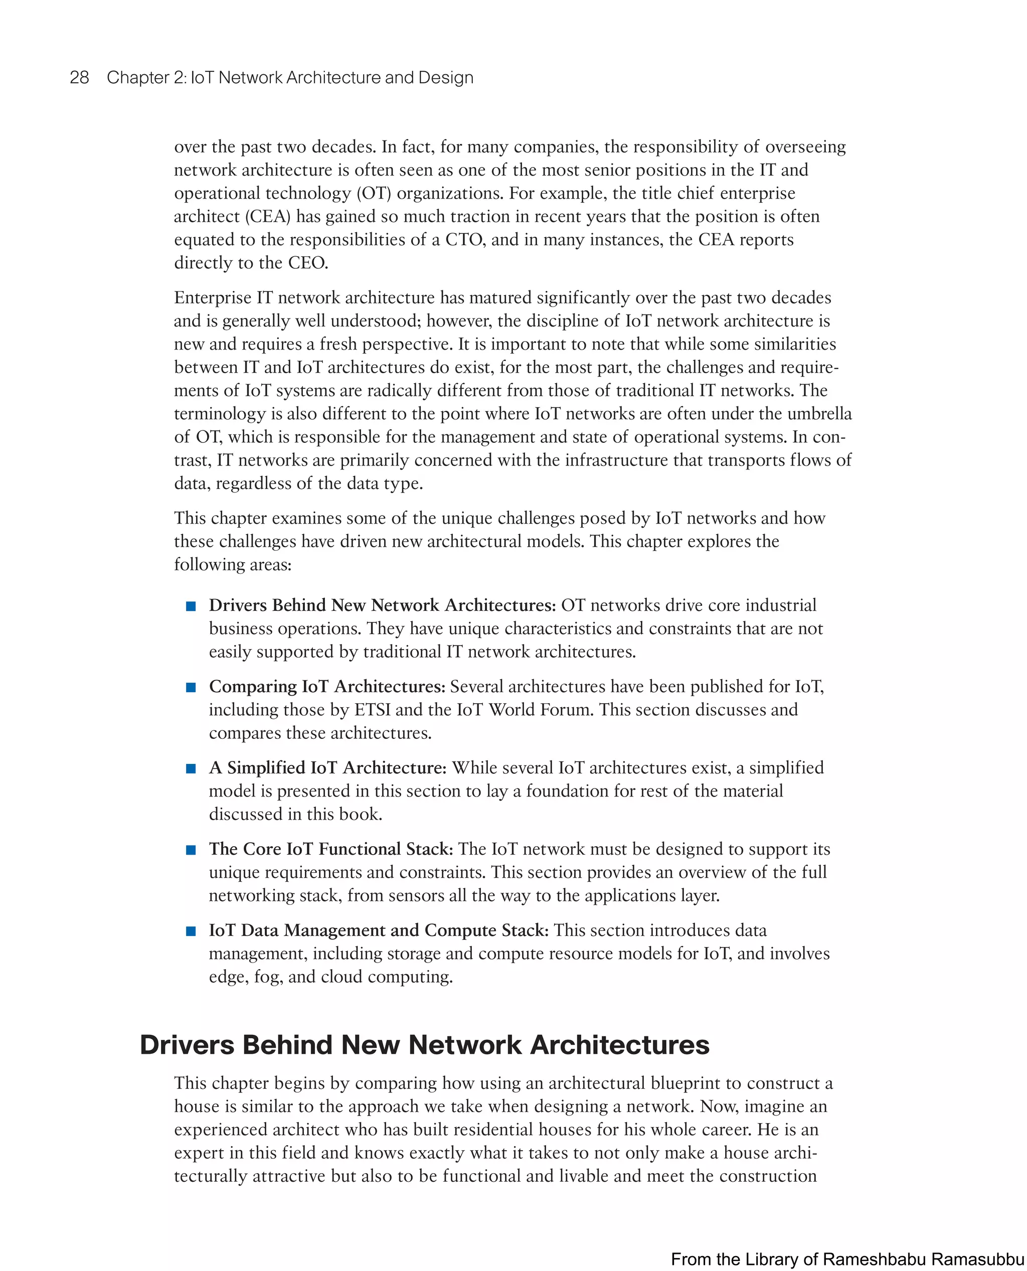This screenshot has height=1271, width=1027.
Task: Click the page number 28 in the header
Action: pos(79,78)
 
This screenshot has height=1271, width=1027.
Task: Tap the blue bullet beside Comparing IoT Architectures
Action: pos(191,687)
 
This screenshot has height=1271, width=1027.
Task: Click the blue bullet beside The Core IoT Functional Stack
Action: pos(191,850)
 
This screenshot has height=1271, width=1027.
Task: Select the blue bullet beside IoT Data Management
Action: pos(191,931)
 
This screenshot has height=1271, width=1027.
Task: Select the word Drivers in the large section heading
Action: pos(187,1045)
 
